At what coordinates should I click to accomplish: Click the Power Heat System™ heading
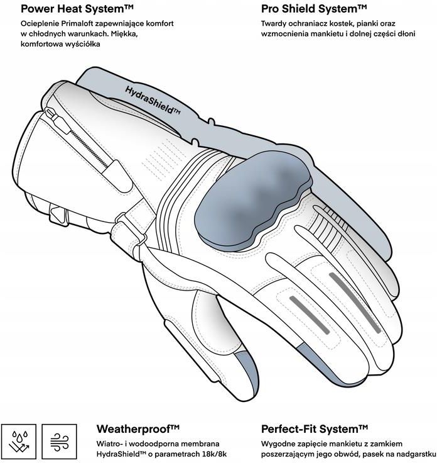click(77, 9)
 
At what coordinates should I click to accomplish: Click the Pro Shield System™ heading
click(314, 9)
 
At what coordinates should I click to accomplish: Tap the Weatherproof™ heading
click(138, 429)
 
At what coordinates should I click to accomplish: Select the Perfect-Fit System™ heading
click(315, 429)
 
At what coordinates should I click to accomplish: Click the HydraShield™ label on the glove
click(153, 100)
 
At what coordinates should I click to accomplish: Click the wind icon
click(59, 442)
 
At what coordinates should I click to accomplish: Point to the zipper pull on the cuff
click(58, 120)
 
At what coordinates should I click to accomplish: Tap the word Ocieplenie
click(40, 24)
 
